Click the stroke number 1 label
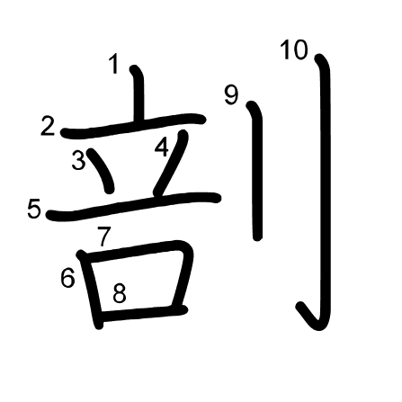click(114, 64)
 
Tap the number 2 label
click(48, 126)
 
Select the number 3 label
click(79, 160)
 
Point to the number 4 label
click(162, 147)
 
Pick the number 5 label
click(34, 209)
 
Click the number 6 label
click(67, 278)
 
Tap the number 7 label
click(104, 237)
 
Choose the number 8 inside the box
click(120, 293)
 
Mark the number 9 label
click(231, 95)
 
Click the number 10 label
click(294, 49)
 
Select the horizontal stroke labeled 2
click(133, 126)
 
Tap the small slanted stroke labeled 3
click(102, 170)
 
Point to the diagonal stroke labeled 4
click(171, 164)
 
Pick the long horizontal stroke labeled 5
click(133, 206)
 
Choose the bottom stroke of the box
click(143, 314)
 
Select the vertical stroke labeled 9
click(257, 171)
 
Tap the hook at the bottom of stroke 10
click(312, 317)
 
